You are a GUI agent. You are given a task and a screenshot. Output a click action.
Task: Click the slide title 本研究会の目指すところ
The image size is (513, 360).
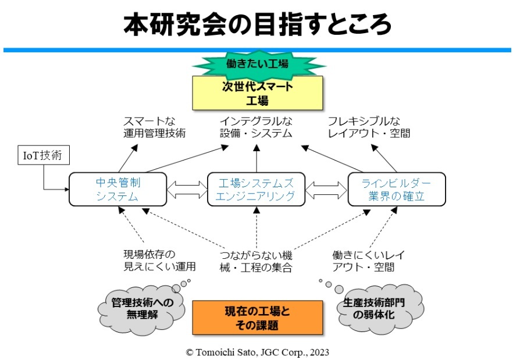point(256,24)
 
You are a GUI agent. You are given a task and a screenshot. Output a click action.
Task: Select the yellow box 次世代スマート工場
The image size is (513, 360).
point(256,93)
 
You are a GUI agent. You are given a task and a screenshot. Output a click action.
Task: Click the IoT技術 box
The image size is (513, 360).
point(44,156)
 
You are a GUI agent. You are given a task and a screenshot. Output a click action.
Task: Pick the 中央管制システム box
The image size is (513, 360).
point(118,189)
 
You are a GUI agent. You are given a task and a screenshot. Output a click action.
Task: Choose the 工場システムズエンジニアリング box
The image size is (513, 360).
point(256,189)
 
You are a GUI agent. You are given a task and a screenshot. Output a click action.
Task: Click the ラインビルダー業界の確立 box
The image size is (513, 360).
point(397,189)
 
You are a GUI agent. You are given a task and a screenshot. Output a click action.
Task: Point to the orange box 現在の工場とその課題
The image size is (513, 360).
point(257,318)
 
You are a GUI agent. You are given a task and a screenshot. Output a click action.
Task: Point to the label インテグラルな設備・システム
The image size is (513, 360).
point(256,127)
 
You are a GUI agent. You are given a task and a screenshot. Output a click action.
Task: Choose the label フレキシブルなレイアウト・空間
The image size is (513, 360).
point(369,127)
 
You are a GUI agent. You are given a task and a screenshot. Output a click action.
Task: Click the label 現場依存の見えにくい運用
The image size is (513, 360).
point(159,261)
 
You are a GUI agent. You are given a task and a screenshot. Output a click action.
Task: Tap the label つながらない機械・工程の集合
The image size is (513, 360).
point(256,261)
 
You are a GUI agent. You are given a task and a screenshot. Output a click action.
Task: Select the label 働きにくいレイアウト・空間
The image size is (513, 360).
point(368,261)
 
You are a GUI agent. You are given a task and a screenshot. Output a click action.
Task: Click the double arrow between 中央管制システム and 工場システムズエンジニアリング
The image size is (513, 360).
point(187,190)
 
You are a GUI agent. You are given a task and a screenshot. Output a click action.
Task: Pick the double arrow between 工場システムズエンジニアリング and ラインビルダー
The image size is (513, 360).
point(326,190)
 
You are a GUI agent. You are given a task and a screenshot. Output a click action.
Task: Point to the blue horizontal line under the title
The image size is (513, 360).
point(256,51)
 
